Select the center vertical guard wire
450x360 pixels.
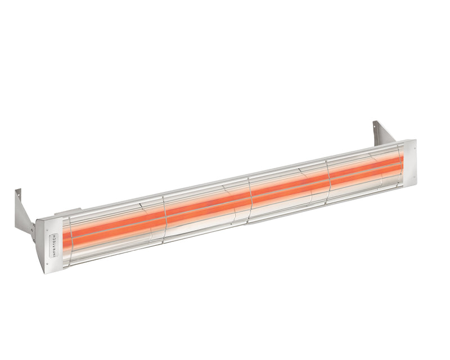250,197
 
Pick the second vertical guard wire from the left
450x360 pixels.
165,217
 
